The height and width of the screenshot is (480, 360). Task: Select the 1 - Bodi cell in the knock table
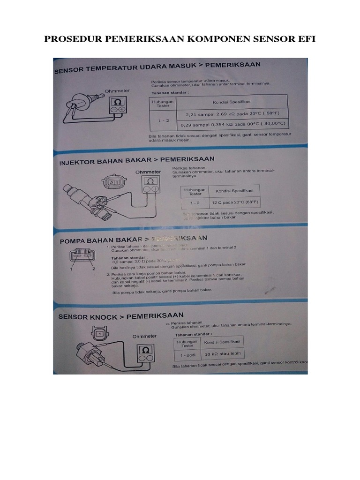tap(187, 354)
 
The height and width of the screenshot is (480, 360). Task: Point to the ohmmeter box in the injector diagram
tap(150, 184)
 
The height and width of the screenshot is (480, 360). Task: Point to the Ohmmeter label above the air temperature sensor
tap(117, 90)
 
